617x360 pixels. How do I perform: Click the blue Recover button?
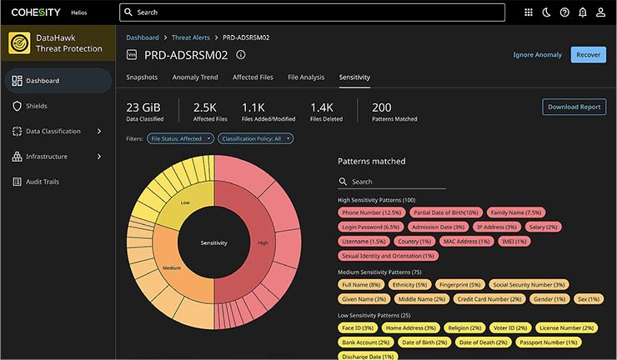pyautogui.click(x=588, y=54)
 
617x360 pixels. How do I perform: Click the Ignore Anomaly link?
pyautogui.click(x=537, y=55)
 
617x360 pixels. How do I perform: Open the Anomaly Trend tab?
pyautogui.click(x=195, y=77)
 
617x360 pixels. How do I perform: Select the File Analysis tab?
pyautogui.click(x=306, y=77)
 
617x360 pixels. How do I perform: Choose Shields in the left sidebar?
pyautogui.click(x=36, y=106)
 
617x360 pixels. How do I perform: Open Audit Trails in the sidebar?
pyautogui.click(x=43, y=182)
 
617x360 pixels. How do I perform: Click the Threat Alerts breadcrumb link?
pyautogui.click(x=192, y=37)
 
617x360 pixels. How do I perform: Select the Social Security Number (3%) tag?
pyautogui.click(x=529, y=284)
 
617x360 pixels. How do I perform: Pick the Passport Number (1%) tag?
pyautogui.click(x=546, y=342)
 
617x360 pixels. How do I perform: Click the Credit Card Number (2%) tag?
pyautogui.click(x=489, y=298)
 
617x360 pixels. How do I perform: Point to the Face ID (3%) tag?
pyautogui.click(x=357, y=327)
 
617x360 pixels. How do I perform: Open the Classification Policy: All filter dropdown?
pyautogui.click(x=256, y=138)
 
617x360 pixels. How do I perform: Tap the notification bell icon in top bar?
pyautogui.click(x=582, y=12)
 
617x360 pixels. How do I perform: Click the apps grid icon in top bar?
pyautogui.click(x=528, y=12)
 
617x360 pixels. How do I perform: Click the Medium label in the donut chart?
pyautogui.click(x=172, y=268)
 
